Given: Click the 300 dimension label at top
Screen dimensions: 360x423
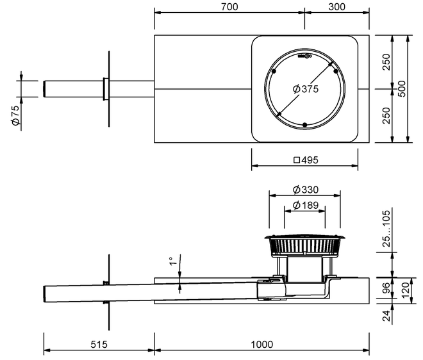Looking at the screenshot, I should [336, 7].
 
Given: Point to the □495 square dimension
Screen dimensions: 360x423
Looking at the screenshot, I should [305, 160].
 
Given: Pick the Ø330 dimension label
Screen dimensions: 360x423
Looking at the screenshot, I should [306, 190].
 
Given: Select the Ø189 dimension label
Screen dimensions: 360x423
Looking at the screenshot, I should [306, 205].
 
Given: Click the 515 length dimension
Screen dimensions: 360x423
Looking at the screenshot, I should [98, 345].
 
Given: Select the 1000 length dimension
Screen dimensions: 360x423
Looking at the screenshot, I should [261, 345].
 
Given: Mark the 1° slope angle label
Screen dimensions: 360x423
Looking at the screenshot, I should [171, 261].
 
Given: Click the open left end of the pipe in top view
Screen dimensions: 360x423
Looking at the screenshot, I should [44, 88].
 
